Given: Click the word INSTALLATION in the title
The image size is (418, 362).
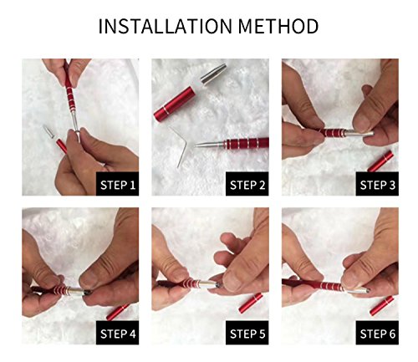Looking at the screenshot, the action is pos(166,26).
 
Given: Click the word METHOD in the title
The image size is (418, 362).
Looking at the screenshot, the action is pos(278,26).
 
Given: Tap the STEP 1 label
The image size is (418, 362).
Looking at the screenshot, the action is pos(118,185).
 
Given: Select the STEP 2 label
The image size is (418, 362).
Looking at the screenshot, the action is pos(247,185).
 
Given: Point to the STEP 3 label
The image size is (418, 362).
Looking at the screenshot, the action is pos(377,185).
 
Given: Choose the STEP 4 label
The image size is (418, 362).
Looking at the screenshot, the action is pos(118,334).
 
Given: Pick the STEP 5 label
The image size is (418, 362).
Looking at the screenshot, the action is pos(247,334).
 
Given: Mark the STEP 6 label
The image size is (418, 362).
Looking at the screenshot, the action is pos(377,334).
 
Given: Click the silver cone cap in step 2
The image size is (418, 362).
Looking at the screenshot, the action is pos(213,73).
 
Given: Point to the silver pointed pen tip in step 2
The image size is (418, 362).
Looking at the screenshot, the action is pos(210,144).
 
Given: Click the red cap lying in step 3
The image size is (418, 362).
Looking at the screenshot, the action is pos(380,161).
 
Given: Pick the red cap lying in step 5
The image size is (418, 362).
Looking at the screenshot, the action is pos(251,303).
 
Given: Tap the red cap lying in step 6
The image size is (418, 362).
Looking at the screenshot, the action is pos(382,306).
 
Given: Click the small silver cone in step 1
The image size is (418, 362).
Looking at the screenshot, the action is pos(48,130).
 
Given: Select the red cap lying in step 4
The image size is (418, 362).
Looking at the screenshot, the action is pos(118,312).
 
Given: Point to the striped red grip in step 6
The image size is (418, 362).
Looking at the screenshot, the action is pos(331,286).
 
